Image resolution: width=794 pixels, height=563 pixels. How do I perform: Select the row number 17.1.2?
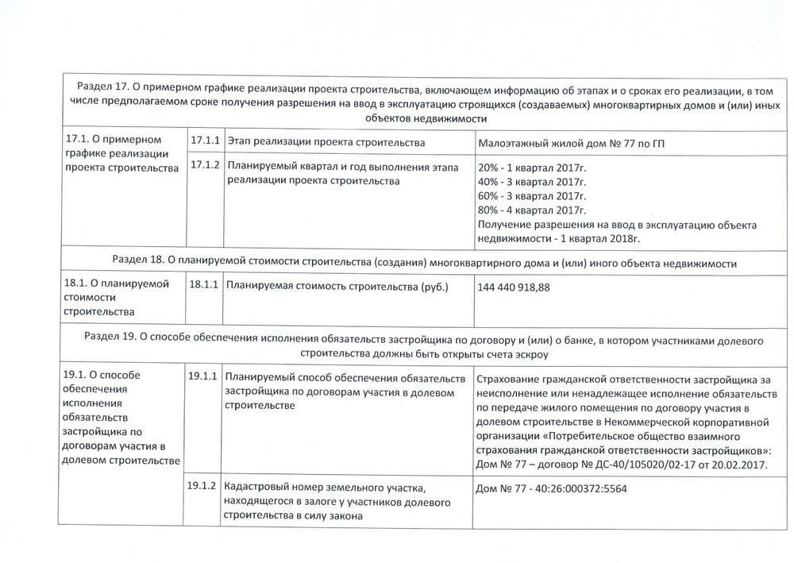205,167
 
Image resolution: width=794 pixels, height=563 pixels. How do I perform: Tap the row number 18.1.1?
203,285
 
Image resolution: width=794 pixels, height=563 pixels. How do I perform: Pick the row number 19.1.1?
203,376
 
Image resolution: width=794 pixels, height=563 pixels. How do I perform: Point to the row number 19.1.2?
203,486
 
